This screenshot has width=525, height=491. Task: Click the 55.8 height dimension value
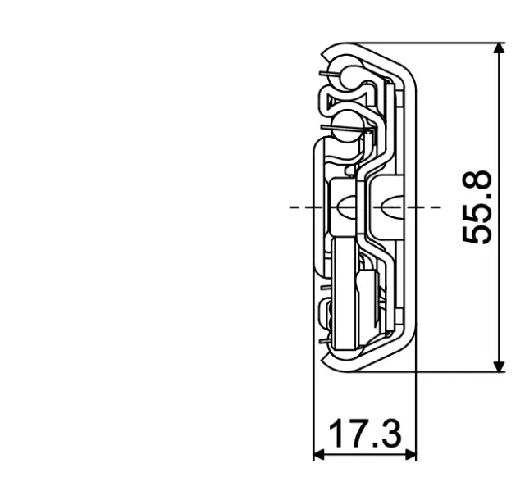(x=477, y=207)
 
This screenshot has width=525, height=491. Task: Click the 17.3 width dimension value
(x=366, y=434)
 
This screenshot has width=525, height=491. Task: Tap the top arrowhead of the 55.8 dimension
(x=498, y=49)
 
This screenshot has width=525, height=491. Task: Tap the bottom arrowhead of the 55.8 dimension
(x=498, y=365)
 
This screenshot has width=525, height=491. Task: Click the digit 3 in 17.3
(x=391, y=434)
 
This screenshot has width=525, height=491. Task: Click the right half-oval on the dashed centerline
(x=389, y=207)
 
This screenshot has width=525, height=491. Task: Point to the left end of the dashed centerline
(x=292, y=207)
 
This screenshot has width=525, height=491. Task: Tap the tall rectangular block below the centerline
(x=345, y=287)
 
